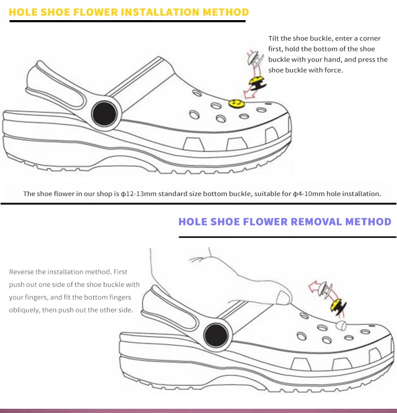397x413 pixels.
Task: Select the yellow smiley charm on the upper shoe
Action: [233, 101]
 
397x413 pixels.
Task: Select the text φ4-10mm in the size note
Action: [309, 194]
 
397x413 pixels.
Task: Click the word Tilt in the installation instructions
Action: [274, 39]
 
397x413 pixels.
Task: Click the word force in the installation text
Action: [333, 70]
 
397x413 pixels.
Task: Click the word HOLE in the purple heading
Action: [193, 221]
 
